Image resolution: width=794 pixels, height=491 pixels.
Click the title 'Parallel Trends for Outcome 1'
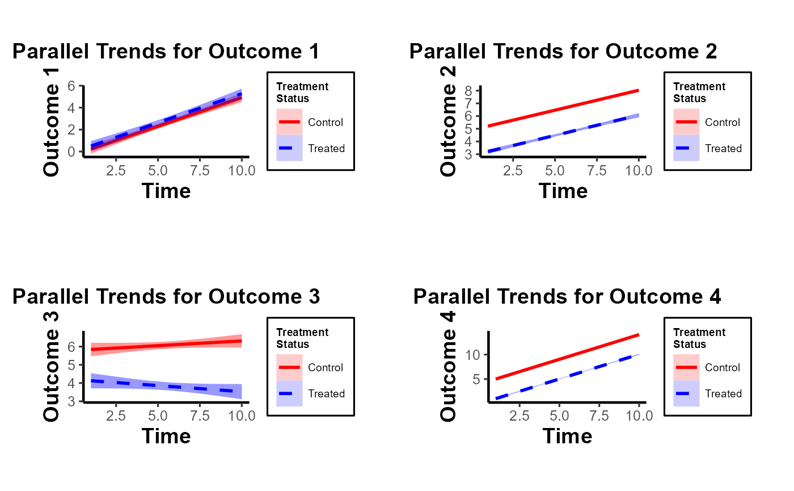click(x=166, y=52)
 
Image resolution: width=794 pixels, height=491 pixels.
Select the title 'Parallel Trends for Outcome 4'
click(x=567, y=296)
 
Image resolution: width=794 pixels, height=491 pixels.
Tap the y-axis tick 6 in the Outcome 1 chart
click(x=71, y=86)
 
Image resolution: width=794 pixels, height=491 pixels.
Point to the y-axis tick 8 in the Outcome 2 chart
click(x=468, y=91)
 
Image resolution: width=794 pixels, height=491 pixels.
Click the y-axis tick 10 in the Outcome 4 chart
click(x=473, y=355)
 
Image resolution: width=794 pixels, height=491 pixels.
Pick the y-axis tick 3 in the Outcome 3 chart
click(x=71, y=402)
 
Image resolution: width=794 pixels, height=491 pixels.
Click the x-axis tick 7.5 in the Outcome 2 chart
click(x=597, y=171)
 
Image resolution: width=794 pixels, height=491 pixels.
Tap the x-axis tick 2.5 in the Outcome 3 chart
click(x=116, y=416)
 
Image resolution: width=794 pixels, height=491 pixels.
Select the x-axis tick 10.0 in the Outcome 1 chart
click(x=242, y=171)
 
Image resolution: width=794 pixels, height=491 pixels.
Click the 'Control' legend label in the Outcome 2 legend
click(x=723, y=123)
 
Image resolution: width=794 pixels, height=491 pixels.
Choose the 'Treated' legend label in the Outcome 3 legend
click(x=326, y=394)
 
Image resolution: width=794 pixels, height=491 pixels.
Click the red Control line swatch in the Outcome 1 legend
click(x=289, y=122)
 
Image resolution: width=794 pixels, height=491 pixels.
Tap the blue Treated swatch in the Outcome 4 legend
click(x=686, y=393)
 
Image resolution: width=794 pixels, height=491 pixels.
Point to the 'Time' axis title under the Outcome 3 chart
click(x=166, y=436)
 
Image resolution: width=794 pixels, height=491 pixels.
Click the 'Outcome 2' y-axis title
click(x=448, y=121)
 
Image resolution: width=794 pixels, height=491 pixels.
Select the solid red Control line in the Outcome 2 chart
click(x=563, y=108)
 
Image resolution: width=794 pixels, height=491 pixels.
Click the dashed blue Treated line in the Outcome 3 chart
click(x=166, y=386)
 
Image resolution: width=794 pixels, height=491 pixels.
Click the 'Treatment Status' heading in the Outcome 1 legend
click(x=302, y=92)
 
